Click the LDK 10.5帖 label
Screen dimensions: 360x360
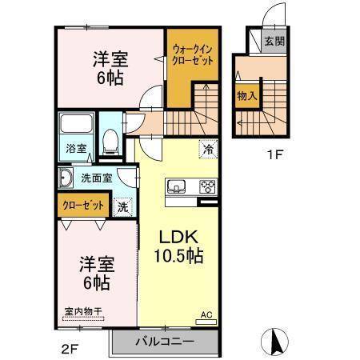[x=178, y=247]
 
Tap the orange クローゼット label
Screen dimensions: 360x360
[x=83, y=205]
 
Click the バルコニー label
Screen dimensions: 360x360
[x=164, y=341]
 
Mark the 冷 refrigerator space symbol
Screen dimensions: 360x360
[x=207, y=149]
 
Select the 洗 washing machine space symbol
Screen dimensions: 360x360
[x=123, y=205]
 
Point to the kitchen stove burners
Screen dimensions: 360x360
[x=207, y=188]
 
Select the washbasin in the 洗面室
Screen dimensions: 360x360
[x=66, y=178]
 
